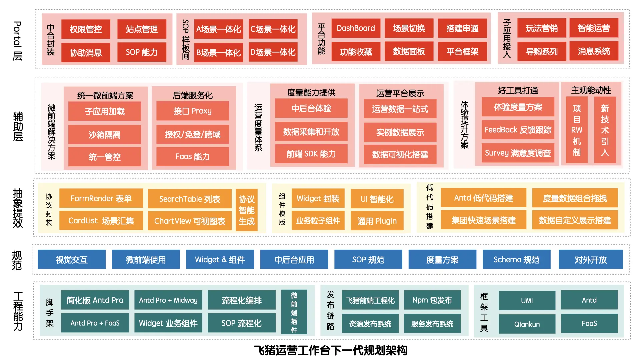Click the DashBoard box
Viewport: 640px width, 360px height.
pos(356,28)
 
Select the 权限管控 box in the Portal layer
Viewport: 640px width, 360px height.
pos(86,29)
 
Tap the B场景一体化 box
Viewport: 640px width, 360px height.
pos(218,53)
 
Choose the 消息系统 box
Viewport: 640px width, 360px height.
pos(594,51)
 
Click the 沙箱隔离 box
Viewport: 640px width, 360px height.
pos(104,135)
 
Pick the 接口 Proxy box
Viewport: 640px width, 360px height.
pos(192,111)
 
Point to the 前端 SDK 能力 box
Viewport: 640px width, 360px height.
pos(311,154)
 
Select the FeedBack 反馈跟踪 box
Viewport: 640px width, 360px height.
pos(518,130)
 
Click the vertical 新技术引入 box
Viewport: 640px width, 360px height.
pos(605,130)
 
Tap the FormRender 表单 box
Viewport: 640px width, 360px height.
pos(101,199)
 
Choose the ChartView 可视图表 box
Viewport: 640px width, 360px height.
pos(190,221)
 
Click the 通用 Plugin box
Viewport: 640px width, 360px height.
pos(377,221)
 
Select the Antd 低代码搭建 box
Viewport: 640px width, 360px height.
pos(483,198)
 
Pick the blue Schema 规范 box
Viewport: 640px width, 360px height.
pos(516,260)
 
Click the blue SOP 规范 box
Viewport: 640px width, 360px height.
pos(368,260)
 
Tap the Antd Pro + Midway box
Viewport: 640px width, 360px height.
pos(168,300)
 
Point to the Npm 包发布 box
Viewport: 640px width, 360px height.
pos(432,300)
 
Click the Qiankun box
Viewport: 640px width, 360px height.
pos(527,324)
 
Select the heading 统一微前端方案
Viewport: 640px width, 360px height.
pos(105,96)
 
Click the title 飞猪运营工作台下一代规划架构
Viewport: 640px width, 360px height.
pos(330,350)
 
